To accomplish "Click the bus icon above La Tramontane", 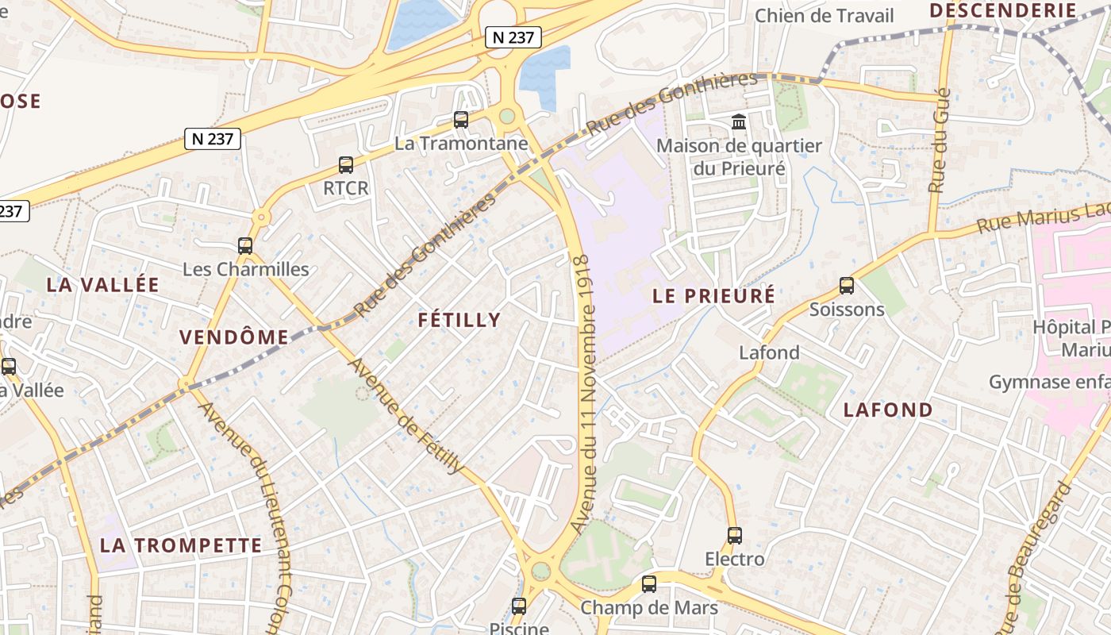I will tap(460, 120).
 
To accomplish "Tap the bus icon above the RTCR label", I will tap(346, 165).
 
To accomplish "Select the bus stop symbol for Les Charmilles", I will tap(245, 246).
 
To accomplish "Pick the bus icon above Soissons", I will tap(847, 286).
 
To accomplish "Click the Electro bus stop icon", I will tap(735, 536).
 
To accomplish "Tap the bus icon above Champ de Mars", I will tap(649, 584).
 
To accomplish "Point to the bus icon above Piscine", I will tap(519, 606).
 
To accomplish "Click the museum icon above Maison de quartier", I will tap(739, 122).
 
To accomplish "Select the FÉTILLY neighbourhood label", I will tap(459, 320).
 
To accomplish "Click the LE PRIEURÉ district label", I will tap(713, 296).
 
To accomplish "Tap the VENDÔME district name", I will tap(234, 337).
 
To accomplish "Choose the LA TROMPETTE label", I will tap(181, 545).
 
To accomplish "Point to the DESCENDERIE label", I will tap(1002, 10).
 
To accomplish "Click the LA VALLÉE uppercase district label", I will tap(103, 285).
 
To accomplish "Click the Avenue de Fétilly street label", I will tap(406, 416).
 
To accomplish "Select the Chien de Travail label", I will tap(824, 16).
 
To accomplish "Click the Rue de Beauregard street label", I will tap(1036, 556).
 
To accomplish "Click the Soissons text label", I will tap(847, 310).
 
